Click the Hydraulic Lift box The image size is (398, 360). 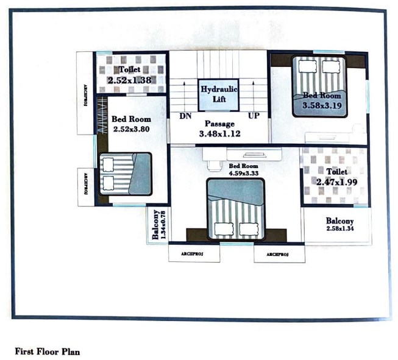click(x=219, y=94)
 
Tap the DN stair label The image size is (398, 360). click(x=185, y=116)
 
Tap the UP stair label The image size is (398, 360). click(x=254, y=116)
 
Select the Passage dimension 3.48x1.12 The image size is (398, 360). click(x=219, y=134)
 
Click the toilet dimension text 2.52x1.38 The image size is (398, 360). click(x=129, y=80)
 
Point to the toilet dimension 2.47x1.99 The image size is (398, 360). click(x=336, y=182)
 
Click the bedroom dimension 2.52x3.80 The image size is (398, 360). click(x=132, y=129)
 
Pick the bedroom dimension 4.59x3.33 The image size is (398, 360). click(x=244, y=174)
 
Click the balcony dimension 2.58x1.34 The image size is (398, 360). click(x=339, y=229)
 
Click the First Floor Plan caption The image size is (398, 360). click(x=47, y=351)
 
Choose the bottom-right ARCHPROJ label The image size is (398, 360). click(x=277, y=254)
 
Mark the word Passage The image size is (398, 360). click(x=219, y=124)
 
